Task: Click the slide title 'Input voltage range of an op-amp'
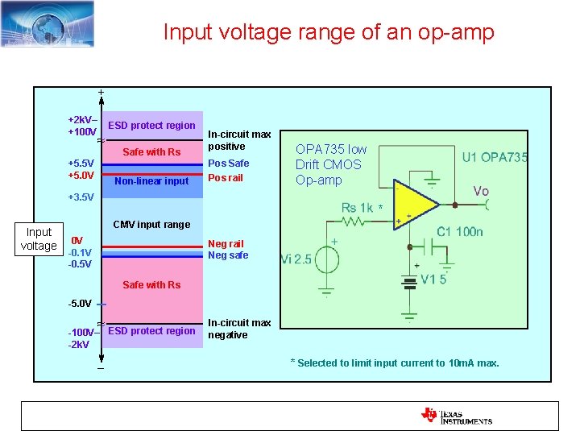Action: point(329,32)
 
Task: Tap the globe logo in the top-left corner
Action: point(47,23)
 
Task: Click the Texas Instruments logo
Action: point(456,416)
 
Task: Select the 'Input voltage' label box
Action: point(39,239)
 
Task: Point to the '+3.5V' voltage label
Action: point(81,197)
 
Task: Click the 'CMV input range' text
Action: point(151,224)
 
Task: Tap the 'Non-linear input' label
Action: point(151,181)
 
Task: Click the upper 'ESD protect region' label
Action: point(151,126)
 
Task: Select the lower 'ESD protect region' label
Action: point(151,331)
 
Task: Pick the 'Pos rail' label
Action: point(226,178)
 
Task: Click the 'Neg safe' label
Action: point(228,255)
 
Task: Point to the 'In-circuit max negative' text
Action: point(239,329)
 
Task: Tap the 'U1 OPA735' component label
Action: point(494,158)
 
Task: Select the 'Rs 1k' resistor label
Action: point(358,208)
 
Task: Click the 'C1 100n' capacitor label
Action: point(460,232)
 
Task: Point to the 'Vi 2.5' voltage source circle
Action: point(327,260)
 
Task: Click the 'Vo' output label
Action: point(481,191)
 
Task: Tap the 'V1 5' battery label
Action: point(433,280)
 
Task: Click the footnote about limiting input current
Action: point(394,363)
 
